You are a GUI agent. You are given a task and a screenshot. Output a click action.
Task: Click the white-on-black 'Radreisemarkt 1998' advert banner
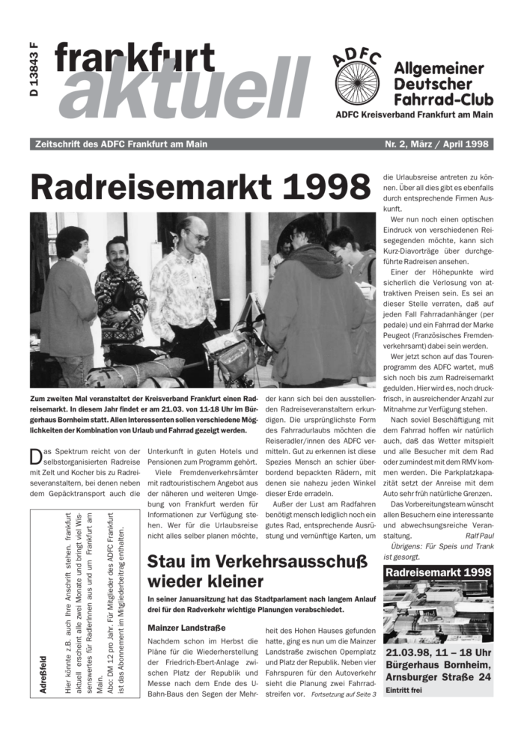(438, 572)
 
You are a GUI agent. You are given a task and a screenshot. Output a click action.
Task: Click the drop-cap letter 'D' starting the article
(36, 455)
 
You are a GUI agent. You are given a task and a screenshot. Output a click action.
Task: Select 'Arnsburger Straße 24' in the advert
(438, 676)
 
